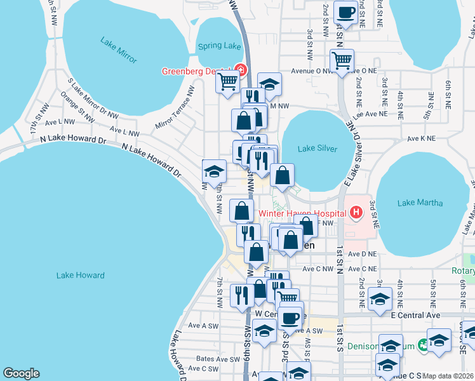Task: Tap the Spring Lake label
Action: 220,46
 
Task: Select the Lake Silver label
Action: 315,149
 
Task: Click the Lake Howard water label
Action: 80,275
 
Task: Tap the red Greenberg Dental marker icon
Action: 240,70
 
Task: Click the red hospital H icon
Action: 356,212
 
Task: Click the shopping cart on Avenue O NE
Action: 342,61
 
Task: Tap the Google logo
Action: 21,373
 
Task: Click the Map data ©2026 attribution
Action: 448,375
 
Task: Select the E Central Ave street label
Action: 415,315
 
